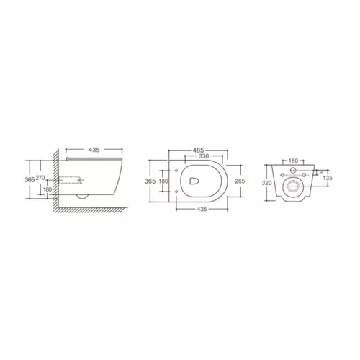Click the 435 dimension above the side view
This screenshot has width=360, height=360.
click(91, 150)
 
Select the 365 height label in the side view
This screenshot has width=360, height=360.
click(30, 180)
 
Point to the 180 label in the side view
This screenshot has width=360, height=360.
click(47, 190)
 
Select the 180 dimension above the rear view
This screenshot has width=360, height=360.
click(293, 161)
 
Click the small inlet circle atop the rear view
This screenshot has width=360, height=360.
click(293, 170)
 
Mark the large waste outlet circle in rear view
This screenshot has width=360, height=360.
click(293, 188)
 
